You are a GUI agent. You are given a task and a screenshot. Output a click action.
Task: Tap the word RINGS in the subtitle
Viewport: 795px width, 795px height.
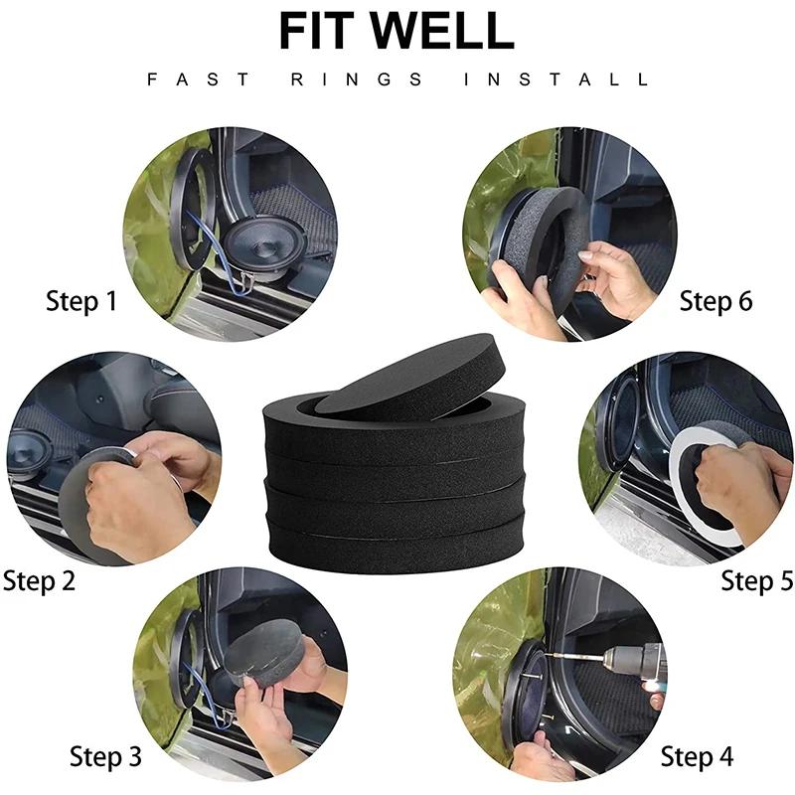pyautogui.click(x=357, y=79)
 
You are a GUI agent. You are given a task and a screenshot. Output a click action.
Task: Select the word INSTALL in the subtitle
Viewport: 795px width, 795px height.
pyautogui.click(x=556, y=79)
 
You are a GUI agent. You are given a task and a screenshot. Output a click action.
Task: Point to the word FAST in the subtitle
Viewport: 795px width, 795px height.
pyautogui.click(x=198, y=79)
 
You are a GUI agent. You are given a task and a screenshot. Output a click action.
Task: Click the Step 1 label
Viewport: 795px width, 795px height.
pyautogui.click(x=81, y=301)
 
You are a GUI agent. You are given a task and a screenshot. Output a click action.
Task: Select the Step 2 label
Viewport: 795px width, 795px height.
pyautogui.click(x=39, y=580)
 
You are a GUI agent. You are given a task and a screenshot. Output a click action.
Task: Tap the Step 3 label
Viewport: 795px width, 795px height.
pyautogui.click(x=105, y=756)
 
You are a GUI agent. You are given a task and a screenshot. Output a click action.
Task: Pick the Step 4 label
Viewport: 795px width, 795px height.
pyautogui.click(x=697, y=757)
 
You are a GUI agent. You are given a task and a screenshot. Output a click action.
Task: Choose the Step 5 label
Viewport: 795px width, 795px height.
pyautogui.click(x=757, y=580)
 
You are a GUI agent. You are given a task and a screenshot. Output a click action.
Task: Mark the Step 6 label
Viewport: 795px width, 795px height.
pyautogui.click(x=715, y=301)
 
